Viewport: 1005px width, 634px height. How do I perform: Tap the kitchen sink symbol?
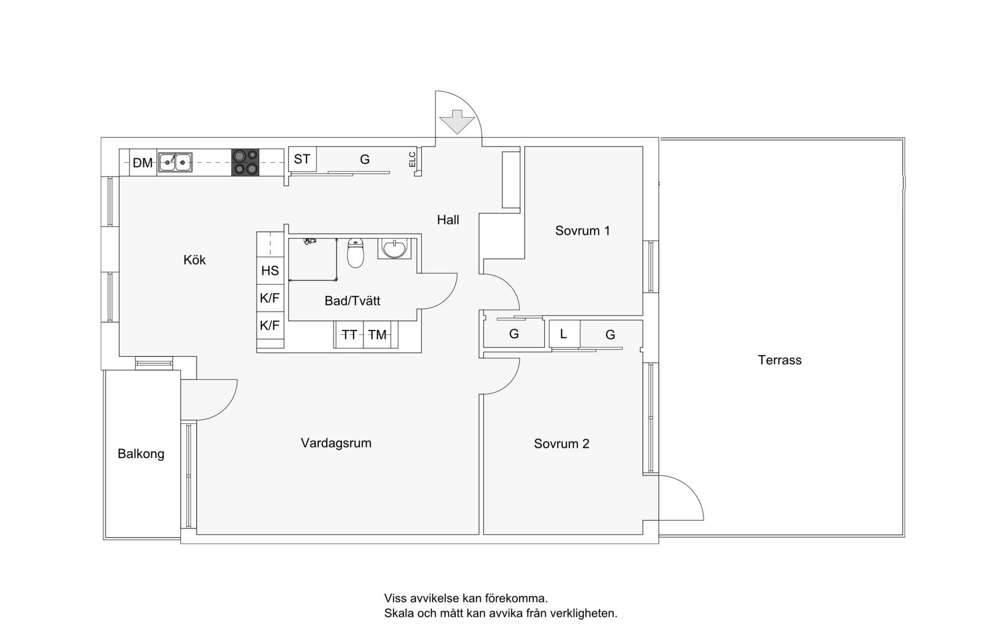[x=175, y=163]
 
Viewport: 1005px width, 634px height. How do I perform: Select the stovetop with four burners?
[x=245, y=162]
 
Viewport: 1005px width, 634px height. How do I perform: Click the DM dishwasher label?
[x=143, y=163]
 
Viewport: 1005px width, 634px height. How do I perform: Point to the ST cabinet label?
[x=302, y=159]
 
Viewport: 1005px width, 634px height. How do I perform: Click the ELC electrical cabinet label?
[x=412, y=159]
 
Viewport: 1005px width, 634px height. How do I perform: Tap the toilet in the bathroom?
[x=356, y=254]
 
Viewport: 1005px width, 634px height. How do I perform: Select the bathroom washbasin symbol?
[x=394, y=249]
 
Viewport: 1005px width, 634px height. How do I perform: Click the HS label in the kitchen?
[x=270, y=271]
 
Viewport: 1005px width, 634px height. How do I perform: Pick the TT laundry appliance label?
[x=350, y=335]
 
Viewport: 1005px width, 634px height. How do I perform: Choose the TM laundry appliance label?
[x=377, y=335]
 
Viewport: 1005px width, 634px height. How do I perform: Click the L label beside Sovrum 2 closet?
[x=563, y=334]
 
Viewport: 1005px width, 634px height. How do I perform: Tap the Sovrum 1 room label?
[x=582, y=231]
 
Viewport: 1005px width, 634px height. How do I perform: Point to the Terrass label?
[x=779, y=360]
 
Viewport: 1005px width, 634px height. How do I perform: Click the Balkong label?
[x=141, y=454]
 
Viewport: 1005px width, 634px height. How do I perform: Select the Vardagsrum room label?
[x=336, y=443]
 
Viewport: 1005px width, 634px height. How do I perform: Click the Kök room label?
[x=194, y=260]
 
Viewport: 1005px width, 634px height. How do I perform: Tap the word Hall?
[x=448, y=220]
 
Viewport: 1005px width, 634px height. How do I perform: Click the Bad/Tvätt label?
[x=352, y=301]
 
